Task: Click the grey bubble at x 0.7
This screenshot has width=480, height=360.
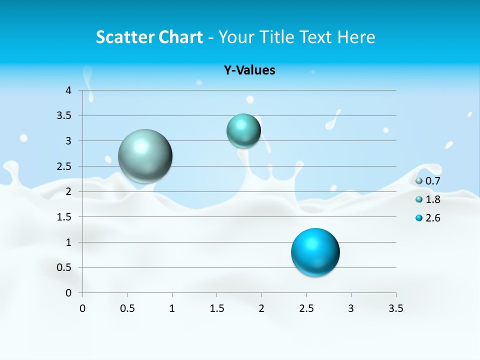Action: click(x=145, y=156)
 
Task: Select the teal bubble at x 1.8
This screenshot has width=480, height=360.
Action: click(x=243, y=131)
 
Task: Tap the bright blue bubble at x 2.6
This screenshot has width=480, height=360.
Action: click(x=315, y=252)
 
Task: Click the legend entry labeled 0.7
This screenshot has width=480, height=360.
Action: click(x=428, y=181)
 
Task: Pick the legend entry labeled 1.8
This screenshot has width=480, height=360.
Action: click(x=428, y=199)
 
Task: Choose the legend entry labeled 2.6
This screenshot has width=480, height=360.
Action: click(x=428, y=218)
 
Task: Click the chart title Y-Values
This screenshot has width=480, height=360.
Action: click(x=249, y=70)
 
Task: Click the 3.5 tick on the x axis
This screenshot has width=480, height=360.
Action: click(x=396, y=308)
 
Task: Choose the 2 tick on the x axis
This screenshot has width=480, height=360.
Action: click(x=261, y=308)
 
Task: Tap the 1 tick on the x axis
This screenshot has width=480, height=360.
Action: click(x=172, y=308)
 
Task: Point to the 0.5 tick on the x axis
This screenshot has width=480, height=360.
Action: click(x=127, y=308)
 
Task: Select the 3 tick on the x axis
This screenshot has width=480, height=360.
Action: click(x=351, y=308)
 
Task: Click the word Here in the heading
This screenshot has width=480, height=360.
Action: click(x=356, y=36)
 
